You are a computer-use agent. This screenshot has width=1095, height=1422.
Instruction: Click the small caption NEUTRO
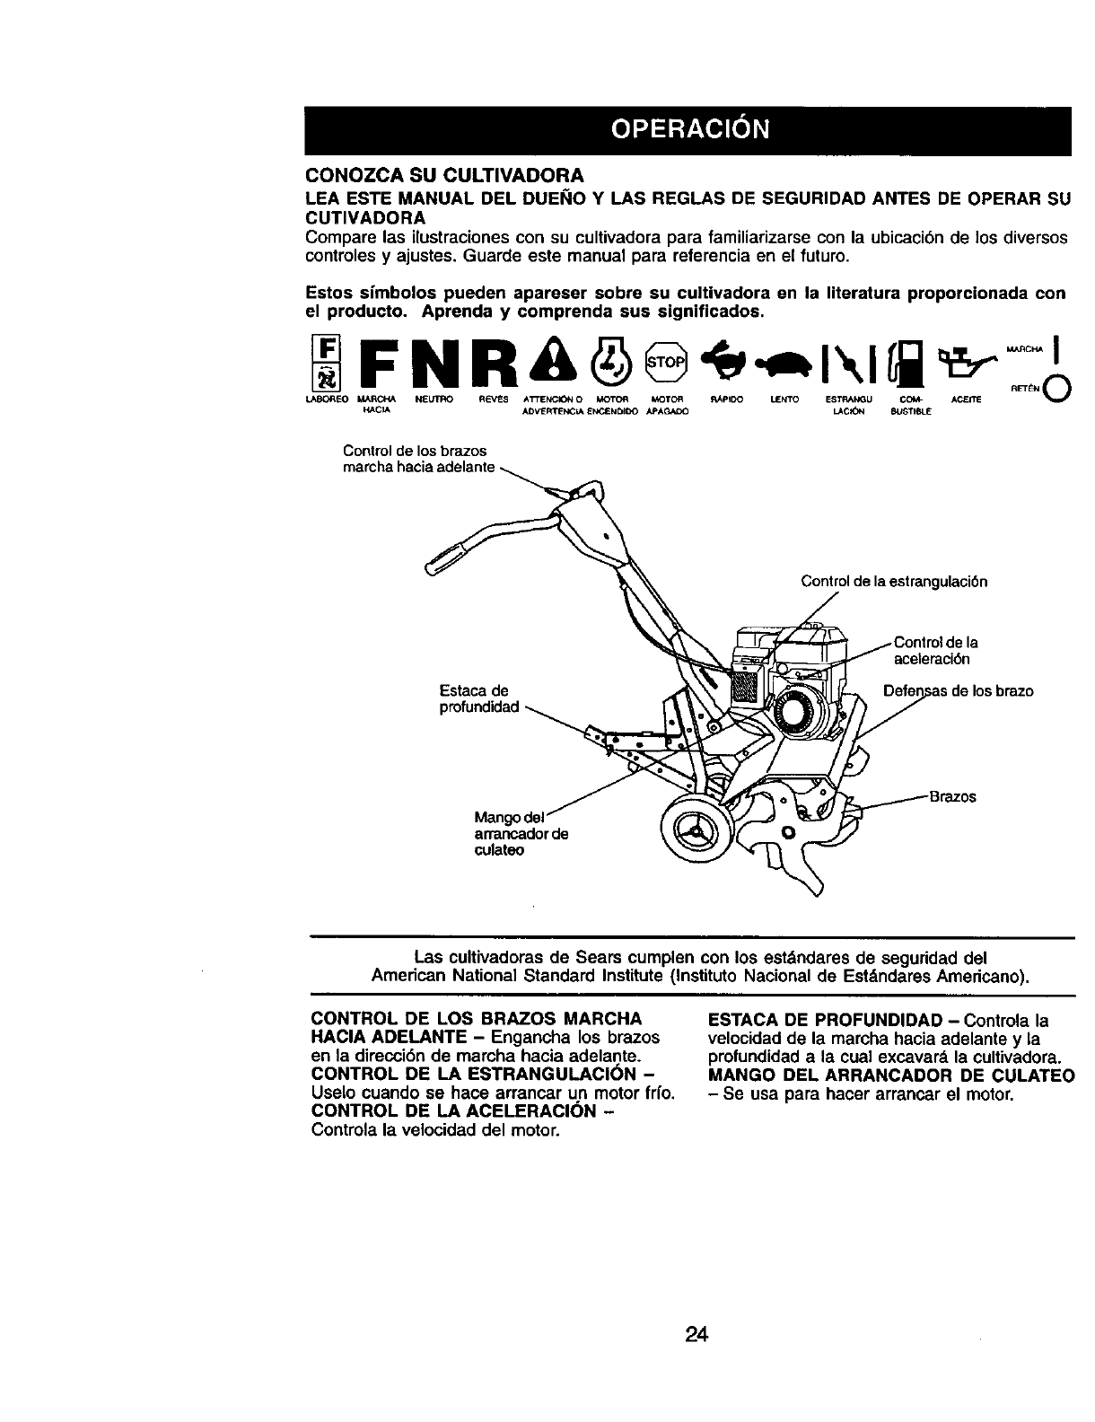coord(434,397)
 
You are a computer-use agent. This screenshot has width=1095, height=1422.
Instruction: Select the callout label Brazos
coord(952,796)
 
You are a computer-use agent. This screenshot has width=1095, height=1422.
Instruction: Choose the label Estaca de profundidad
coord(473,699)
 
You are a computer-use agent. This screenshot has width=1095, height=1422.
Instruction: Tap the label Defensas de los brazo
coord(959,690)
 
